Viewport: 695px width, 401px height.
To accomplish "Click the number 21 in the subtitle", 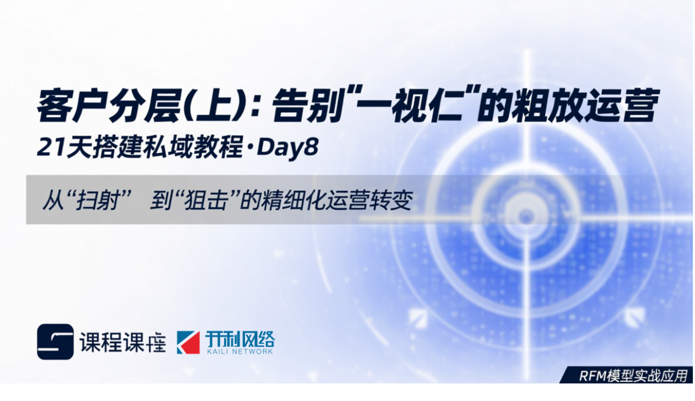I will (x=49, y=148).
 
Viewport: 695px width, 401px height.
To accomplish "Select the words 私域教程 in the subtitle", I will (x=202, y=148).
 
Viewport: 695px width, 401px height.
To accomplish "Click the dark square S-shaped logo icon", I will (x=55, y=342).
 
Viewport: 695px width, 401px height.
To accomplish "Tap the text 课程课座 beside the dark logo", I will (x=122, y=342).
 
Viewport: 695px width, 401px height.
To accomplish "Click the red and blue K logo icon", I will (x=188, y=342).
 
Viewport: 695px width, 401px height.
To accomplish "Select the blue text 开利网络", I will (x=240, y=340).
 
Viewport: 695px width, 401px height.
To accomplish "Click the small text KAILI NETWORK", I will (x=240, y=352).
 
